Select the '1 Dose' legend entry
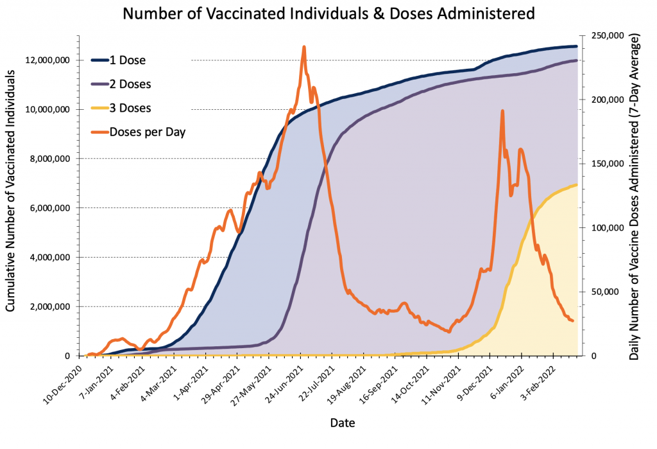pyautogui.click(x=127, y=61)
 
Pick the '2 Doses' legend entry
pyautogui.click(x=130, y=85)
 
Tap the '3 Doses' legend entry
pyautogui.click(x=130, y=109)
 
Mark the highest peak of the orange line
pyautogui.click(x=303, y=47)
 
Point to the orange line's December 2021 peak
pyautogui.click(x=502, y=111)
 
